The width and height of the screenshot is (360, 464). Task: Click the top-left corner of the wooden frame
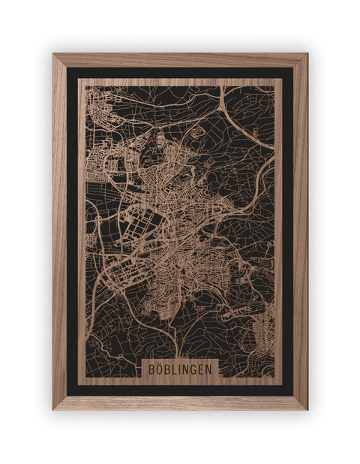[55, 56]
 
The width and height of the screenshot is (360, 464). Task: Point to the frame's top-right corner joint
[305, 56]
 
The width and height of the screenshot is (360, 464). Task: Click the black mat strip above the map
[180, 74]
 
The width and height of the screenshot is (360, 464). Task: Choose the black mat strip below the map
[180, 389]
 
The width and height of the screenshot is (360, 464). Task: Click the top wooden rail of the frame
[180, 60]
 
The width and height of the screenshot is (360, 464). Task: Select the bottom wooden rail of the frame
[180, 402]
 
